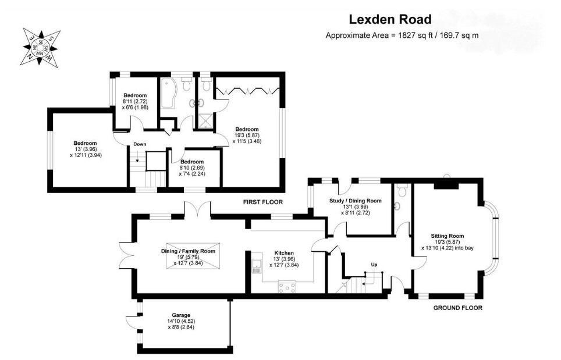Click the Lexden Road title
402,19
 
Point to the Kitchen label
283,254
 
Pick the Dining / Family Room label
188,251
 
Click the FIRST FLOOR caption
263,202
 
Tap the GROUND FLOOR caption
458,308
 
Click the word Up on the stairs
374,265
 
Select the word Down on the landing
140,144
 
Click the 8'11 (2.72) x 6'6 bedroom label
135,101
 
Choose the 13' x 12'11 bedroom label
85,149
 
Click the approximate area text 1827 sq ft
402,35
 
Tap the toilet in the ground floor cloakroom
402,192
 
